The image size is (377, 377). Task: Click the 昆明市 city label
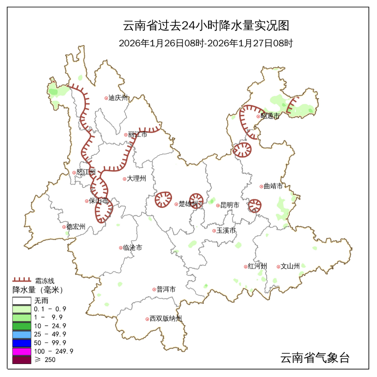[x=230, y=205]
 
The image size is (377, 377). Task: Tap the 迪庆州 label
[x=118, y=98]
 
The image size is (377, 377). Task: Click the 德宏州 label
[x=76, y=227]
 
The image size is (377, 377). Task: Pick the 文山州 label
[x=290, y=266]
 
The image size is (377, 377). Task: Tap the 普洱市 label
[x=166, y=289]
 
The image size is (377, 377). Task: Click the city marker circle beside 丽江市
[x=126, y=134]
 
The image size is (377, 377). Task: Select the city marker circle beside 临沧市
[x=121, y=248]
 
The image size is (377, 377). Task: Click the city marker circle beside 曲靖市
[x=261, y=186]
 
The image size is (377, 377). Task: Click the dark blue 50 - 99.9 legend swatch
[x=22, y=342]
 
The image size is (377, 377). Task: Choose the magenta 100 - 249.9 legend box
[x=22, y=351]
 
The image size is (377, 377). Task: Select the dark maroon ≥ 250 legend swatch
[x=22, y=359]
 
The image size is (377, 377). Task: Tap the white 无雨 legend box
[x=22, y=301]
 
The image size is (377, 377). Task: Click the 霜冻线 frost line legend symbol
[x=22, y=280]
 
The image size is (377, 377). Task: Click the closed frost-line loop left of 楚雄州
[x=163, y=199]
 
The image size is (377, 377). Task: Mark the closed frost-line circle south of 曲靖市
[x=255, y=205]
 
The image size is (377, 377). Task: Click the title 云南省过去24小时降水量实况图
[x=206, y=26]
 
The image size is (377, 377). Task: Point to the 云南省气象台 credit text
[x=315, y=358]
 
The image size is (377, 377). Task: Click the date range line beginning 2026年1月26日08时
[x=206, y=43]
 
